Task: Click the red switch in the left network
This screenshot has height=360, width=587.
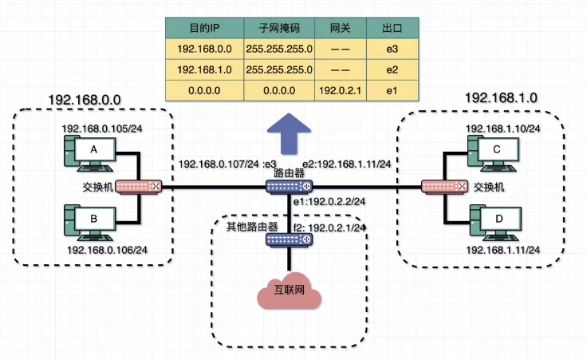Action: point(138,187)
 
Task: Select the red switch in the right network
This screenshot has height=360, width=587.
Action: point(443,187)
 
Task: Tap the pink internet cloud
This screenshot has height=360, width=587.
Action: point(290,294)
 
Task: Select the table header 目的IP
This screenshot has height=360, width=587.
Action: point(199,27)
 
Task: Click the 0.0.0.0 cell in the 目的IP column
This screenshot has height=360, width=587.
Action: point(199,91)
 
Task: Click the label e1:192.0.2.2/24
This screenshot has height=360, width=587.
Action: point(329,203)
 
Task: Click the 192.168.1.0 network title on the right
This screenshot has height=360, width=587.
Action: point(501,97)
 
